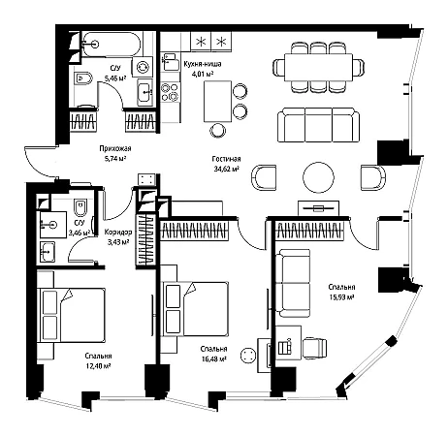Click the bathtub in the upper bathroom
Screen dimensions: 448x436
coord(111,45)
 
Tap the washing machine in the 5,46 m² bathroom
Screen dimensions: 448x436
coord(143,67)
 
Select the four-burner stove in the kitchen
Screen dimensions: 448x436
coord(170,92)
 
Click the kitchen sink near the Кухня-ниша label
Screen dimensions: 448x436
coord(171,62)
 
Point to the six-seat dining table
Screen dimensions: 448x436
coord(318,67)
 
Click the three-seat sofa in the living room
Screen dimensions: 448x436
coord(319,125)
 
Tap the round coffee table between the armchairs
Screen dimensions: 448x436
coord(318,177)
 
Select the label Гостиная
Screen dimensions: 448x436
coord(226,159)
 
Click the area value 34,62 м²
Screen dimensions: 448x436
coord(226,169)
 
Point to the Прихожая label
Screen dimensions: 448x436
coord(115,148)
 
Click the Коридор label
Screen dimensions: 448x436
coord(118,232)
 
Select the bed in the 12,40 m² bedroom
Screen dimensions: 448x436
coord(71,315)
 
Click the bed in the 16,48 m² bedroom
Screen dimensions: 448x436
coord(195,309)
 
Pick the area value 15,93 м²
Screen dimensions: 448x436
coord(341,297)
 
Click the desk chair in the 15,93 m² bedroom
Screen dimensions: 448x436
coord(314,348)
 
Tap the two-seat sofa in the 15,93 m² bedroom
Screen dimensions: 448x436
coord(293,283)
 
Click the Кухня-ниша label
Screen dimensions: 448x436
coord(203,64)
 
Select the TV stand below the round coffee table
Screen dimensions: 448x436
coord(318,208)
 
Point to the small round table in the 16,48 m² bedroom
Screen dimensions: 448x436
coord(248,355)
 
